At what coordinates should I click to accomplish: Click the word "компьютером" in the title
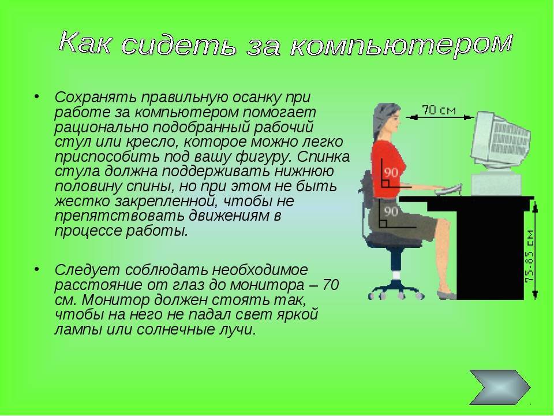(x=401, y=46)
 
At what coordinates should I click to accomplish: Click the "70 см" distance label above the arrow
(x=439, y=110)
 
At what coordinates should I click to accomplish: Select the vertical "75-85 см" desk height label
(x=530, y=256)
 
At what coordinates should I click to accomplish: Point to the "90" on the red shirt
(x=391, y=173)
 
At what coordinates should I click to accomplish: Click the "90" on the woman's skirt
(x=391, y=211)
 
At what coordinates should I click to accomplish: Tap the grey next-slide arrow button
(x=500, y=387)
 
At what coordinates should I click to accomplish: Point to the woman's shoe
(x=446, y=295)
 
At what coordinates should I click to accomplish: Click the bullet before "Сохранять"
(x=37, y=96)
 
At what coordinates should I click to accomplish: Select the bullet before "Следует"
(x=37, y=269)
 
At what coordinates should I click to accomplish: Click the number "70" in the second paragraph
(x=331, y=285)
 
